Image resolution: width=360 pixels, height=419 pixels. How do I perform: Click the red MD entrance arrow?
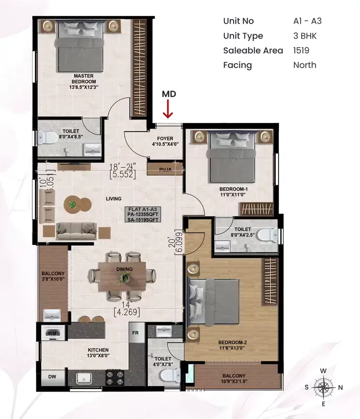[x=168, y=109]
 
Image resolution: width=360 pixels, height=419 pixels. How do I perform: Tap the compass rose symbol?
[x=323, y=387]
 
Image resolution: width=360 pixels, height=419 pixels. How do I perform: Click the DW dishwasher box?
[x=53, y=377]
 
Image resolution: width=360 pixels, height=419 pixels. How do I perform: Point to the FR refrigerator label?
[x=135, y=333]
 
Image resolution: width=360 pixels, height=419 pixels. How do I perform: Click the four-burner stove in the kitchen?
[x=115, y=378]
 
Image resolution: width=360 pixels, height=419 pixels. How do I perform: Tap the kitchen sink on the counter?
[x=83, y=378]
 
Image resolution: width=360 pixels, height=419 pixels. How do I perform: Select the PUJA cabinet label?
[x=166, y=169]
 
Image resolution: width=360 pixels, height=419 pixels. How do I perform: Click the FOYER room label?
[x=165, y=138]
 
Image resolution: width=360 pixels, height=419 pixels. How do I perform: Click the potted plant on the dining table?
[x=124, y=278]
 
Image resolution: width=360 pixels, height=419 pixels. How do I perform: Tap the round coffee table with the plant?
[x=72, y=205]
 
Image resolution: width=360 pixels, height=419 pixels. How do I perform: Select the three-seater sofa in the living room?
[x=77, y=230]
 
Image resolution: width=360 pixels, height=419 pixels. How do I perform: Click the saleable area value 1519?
[x=301, y=51]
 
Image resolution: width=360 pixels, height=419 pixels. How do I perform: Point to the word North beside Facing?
[x=305, y=65]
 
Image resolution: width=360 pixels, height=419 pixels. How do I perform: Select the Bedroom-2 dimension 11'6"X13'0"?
[x=232, y=348]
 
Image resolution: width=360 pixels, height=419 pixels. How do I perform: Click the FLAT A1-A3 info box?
[x=143, y=214]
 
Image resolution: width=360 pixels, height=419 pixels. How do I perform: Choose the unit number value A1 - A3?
[x=307, y=21]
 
